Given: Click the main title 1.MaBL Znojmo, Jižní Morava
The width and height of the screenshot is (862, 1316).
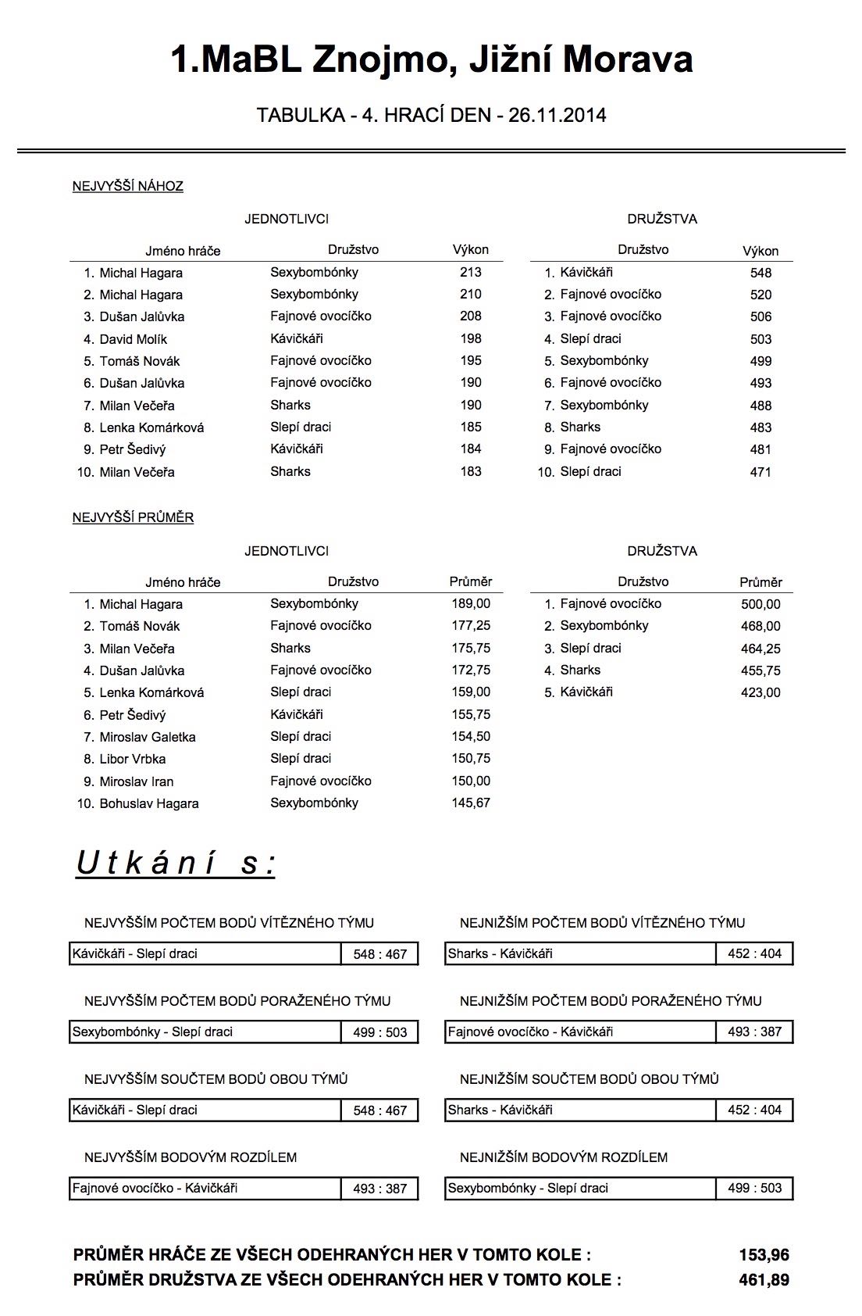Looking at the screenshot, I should (x=431, y=60).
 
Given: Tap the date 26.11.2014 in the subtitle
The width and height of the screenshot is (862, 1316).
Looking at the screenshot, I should (x=557, y=116).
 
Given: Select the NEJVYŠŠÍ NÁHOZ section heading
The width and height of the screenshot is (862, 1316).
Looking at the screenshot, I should (x=127, y=186).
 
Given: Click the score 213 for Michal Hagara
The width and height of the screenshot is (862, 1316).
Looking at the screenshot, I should (x=471, y=273).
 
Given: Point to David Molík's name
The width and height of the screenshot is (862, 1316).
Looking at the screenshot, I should (x=133, y=339).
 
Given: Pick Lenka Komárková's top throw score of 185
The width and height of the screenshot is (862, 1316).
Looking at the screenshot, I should (x=471, y=427).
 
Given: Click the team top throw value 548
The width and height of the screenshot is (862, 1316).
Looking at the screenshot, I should (x=760, y=273).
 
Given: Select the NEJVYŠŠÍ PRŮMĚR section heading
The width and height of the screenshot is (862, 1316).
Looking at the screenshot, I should (x=133, y=517).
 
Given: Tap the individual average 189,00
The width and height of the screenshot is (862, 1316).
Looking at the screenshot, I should (x=471, y=604).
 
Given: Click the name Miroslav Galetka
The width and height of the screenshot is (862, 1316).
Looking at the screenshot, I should (x=147, y=737).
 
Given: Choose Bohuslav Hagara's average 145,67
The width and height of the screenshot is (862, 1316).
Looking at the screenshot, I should (x=471, y=803).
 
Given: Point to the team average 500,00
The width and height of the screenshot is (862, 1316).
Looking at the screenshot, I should (x=760, y=604).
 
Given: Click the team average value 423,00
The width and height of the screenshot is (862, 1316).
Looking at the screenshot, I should (x=760, y=692).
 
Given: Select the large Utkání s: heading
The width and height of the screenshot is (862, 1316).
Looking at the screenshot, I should (x=176, y=864).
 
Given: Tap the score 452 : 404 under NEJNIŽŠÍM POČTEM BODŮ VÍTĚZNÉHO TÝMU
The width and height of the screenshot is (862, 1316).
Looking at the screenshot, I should (x=754, y=953).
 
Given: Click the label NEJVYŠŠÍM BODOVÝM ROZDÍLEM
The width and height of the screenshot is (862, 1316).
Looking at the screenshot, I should (x=191, y=1157).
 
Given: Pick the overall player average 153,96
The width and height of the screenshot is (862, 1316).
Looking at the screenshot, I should (x=764, y=1255).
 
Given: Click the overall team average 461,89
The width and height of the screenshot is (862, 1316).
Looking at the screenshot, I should (x=764, y=1280).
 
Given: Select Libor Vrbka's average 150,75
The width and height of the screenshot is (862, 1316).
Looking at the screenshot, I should (x=471, y=759).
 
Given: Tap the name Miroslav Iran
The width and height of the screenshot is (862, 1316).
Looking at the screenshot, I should (x=136, y=781).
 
